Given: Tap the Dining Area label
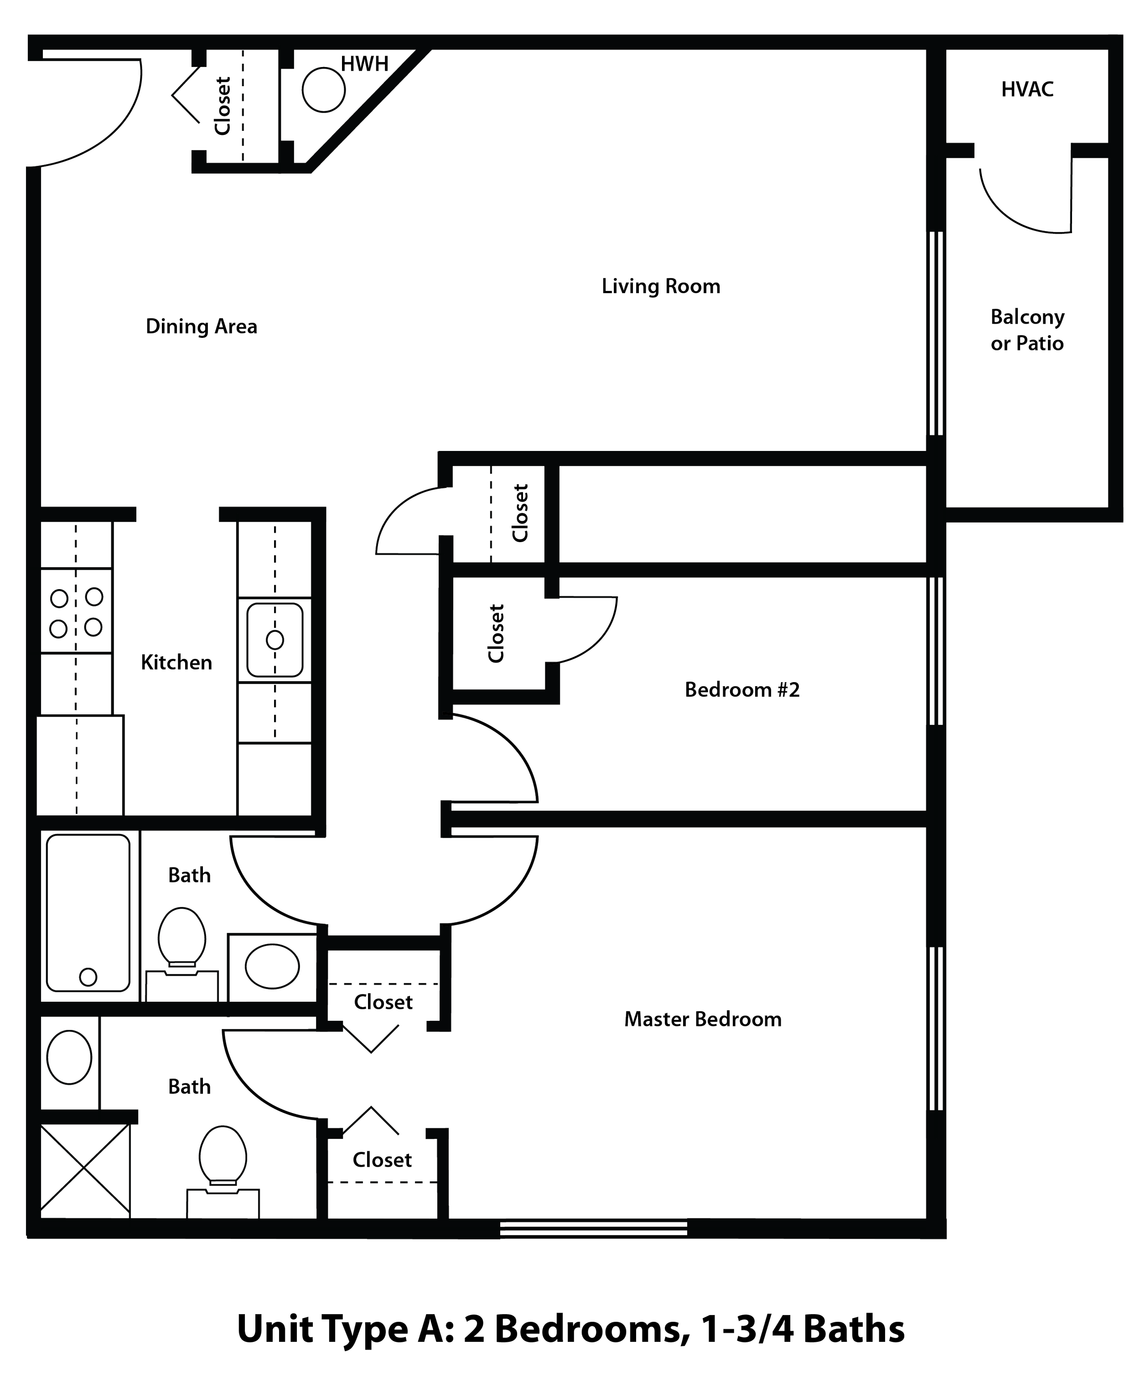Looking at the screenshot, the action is click(x=202, y=326).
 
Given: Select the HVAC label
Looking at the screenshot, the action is click(x=1028, y=90).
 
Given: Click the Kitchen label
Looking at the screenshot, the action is click(x=176, y=663).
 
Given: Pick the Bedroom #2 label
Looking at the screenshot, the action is click(x=742, y=689).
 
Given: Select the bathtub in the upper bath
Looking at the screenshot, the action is click(x=88, y=912).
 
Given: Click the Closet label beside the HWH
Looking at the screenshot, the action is click(x=223, y=106).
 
